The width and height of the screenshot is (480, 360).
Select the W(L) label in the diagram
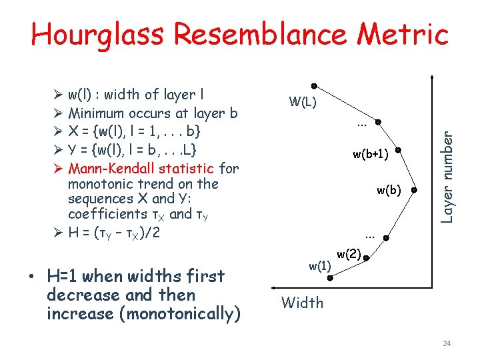coord(303,103)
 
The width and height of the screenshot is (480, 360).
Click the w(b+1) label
coord(371,155)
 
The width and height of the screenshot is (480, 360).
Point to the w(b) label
coord(389,191)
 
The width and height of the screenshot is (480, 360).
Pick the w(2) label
coord(349,253)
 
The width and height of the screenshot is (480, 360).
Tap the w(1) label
coord(319,266)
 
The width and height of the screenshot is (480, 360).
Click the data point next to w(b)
coord(413,191)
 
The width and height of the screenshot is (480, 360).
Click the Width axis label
coord(302,303)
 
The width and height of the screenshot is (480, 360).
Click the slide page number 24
coord(447,343)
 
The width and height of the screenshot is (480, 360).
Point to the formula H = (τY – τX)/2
coord(114,233)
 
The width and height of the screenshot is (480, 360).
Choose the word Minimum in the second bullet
coord(102,113)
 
